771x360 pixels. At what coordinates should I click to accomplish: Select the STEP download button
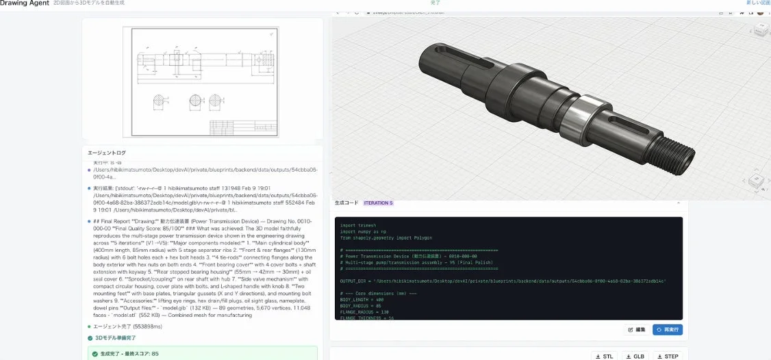[x=668, y=356]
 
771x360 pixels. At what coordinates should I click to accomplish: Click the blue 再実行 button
[x=667, y=329]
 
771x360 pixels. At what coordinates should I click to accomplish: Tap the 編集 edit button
[x=637, y=329]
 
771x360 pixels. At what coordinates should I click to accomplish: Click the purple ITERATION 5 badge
[x=378, y=203]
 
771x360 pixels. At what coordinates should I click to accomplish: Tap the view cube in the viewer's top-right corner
[x=760, y=29]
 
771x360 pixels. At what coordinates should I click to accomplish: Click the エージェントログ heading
[x=107, y=153]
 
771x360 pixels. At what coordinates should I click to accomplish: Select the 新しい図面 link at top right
[x=758, y=3]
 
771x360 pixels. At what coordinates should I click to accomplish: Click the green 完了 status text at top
[x=435, y=3]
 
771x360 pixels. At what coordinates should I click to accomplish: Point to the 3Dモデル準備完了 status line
[x=116, y=338]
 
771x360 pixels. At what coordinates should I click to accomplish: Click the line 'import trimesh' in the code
[x=357, y=225]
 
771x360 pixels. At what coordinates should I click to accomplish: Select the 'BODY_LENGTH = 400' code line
[x=362, y=298]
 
